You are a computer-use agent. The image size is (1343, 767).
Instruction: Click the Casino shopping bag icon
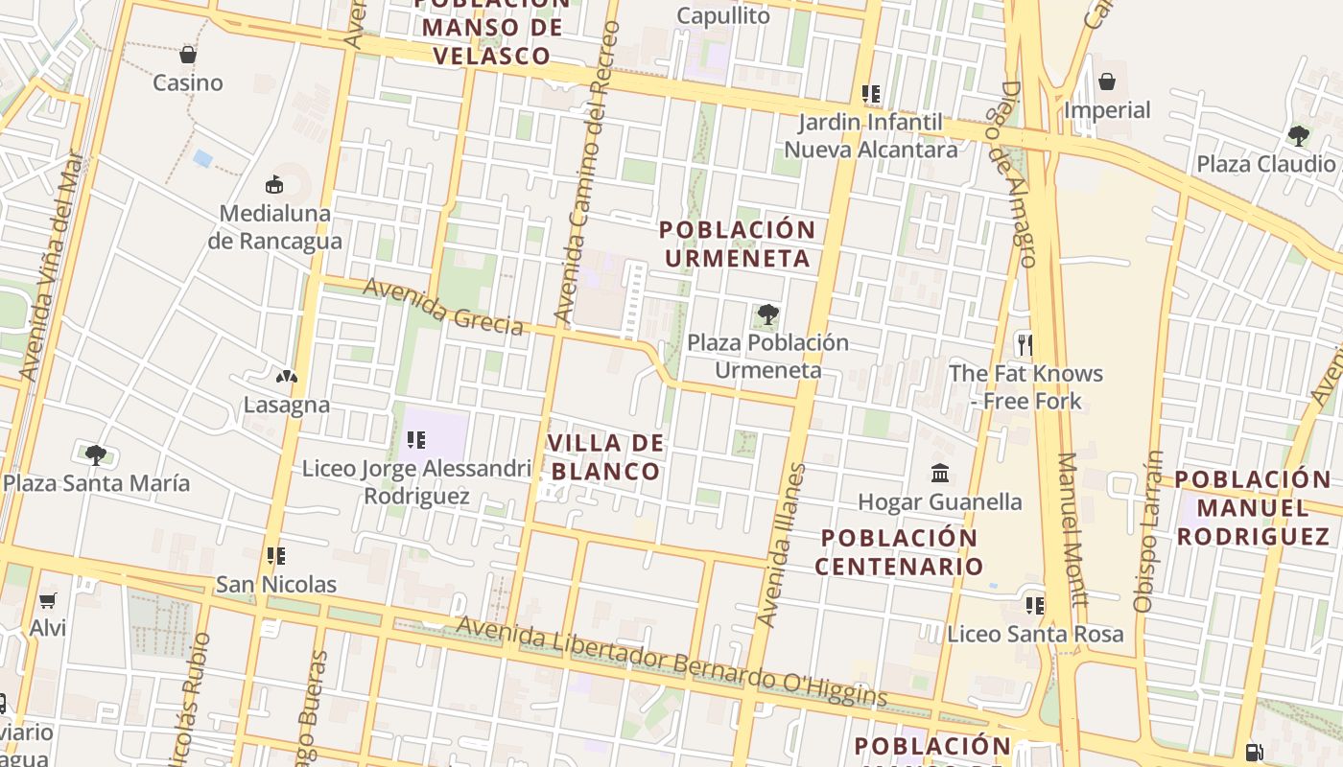point(188,55)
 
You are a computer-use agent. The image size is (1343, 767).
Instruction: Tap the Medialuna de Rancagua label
point(274,227)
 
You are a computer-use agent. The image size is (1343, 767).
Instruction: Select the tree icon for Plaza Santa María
point(95,454)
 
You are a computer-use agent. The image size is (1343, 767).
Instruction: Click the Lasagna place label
point(286,405)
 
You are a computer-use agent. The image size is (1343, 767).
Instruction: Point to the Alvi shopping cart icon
point(47,601)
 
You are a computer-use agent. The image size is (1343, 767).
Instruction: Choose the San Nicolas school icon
point(276,556)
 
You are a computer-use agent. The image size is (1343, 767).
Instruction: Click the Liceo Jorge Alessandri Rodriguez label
point(416,482)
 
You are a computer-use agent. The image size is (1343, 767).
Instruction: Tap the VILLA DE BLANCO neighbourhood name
point(604,457)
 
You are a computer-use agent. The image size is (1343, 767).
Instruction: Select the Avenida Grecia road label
point(443,307)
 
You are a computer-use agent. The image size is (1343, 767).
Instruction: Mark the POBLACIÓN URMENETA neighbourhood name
point(737,244)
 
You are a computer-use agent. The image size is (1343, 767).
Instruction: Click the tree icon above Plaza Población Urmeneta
point(767,314)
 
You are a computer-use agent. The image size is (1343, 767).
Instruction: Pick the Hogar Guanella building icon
point(940,474)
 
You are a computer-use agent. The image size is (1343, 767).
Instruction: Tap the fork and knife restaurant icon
point(1025,344)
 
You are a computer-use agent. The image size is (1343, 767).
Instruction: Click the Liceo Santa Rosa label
point(1035,634)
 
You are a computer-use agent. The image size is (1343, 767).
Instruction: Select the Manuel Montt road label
point(1072,530)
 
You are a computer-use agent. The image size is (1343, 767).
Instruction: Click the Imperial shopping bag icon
point(1107,81)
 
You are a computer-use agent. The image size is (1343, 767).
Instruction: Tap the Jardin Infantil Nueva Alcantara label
point(871,136)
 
